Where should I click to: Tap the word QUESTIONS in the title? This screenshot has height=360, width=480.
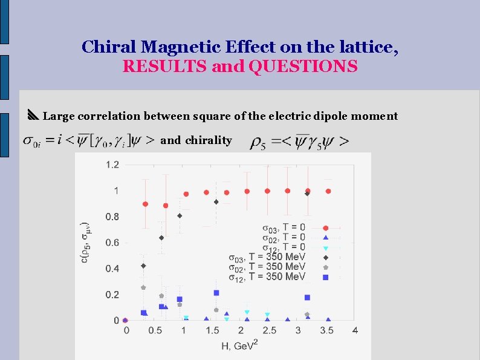point(303,66)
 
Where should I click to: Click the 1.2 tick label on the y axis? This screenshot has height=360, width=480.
point(112,164)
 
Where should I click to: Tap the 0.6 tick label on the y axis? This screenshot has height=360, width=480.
point(112,243)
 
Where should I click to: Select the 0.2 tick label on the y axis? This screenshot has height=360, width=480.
point(112,295)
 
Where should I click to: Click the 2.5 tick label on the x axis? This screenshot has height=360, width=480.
point(270,330)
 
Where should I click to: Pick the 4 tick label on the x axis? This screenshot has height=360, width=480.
point(355,330)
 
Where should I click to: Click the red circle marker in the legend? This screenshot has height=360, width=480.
point(325,228)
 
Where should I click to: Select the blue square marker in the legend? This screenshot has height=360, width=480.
point(325,277)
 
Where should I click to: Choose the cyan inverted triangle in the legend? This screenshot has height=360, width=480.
point(325,248)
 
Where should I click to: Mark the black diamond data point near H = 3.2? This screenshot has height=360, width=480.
point(307,194)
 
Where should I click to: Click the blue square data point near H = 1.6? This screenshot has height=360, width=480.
point(216,293)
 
